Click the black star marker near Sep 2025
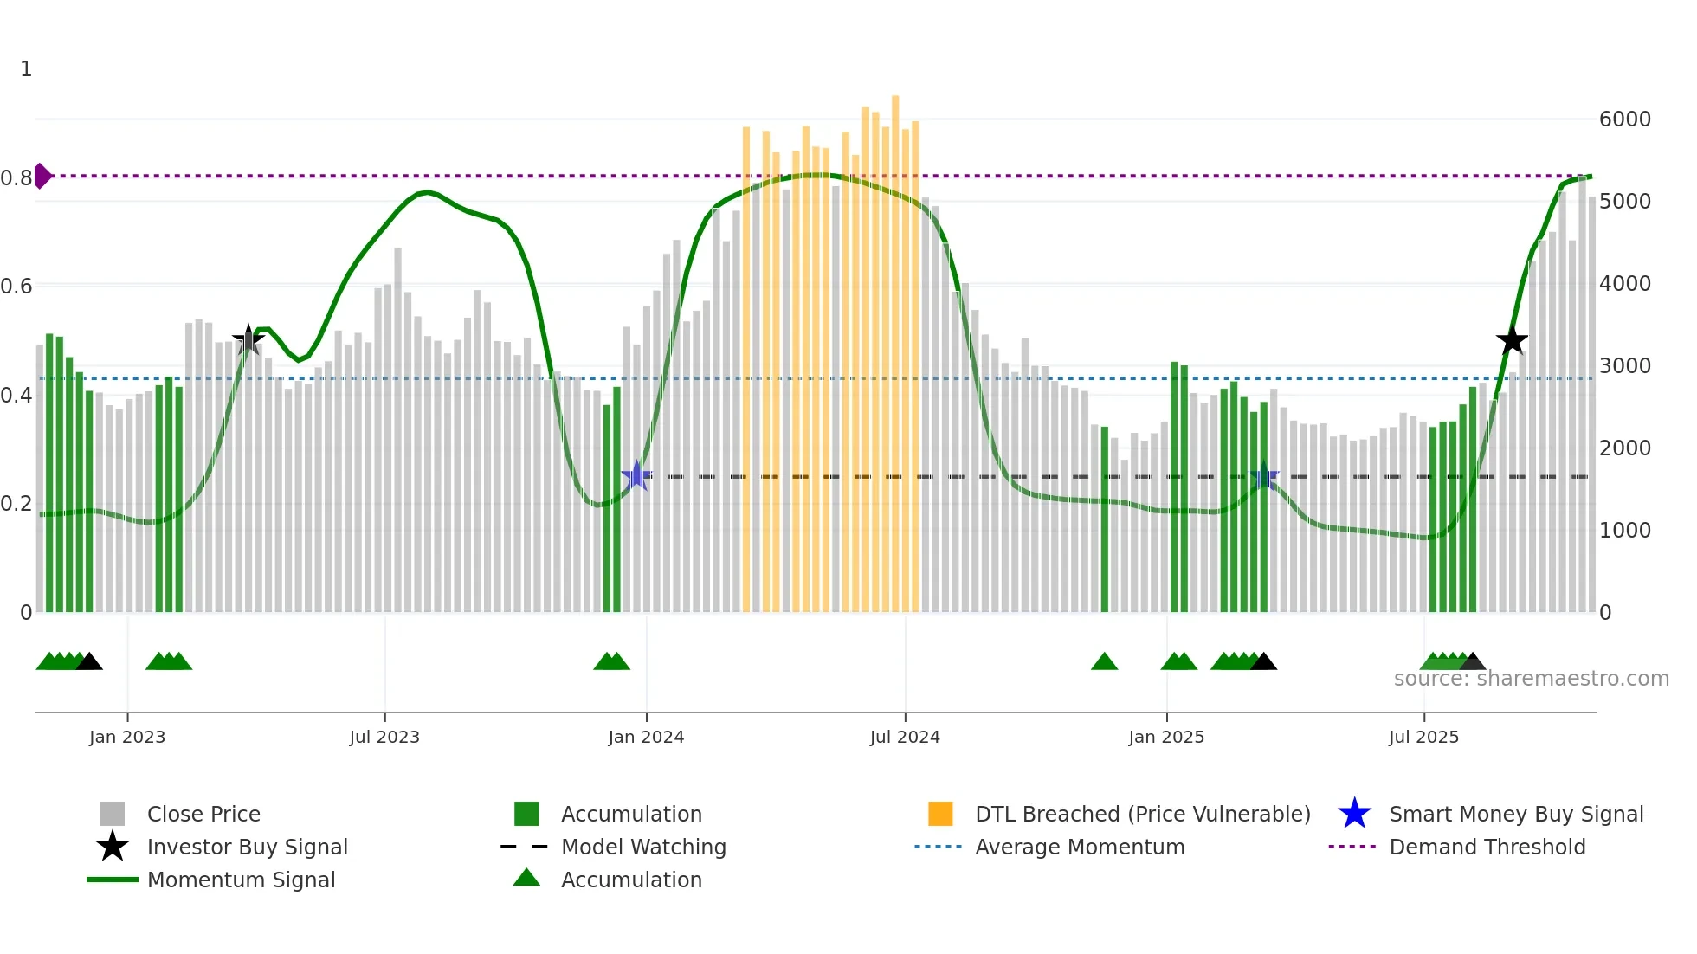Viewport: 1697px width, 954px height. click(1512, 340)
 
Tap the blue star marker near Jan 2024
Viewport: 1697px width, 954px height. click(637, 475)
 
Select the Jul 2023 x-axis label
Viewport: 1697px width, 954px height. click(384, 737)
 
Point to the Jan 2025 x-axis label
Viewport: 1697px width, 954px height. click(1166, 737)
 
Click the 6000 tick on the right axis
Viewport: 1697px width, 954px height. click(1624, 119)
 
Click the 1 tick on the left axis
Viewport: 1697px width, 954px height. click(26, 69)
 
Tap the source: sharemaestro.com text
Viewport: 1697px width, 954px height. click(1531, 679)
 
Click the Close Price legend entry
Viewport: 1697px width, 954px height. click(203, 814)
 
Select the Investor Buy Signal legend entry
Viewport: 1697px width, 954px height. click(247, 847)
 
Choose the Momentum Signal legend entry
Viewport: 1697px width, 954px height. click(241, 880)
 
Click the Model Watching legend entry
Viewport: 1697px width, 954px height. click(643, 847)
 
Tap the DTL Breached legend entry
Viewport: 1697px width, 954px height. click(1142, 814)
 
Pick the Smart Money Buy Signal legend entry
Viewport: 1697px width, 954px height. click(1515, 814)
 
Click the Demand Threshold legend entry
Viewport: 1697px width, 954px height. click(1487, 847)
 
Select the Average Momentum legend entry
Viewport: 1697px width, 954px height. click(1079, 847)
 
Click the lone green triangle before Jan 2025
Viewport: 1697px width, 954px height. click(1104, 662)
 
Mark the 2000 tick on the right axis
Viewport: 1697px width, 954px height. click(1624, 448)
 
